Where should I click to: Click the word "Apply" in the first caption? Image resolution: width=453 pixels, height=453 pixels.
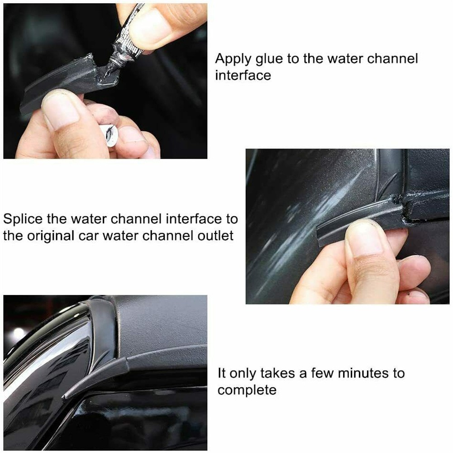pos(233,59)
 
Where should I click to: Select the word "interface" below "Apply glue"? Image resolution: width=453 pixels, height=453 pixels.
pos(243,76)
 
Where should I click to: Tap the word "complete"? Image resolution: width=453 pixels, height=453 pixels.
pos(247,391)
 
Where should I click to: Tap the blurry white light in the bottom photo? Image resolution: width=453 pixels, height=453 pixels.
pos(18,333)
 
